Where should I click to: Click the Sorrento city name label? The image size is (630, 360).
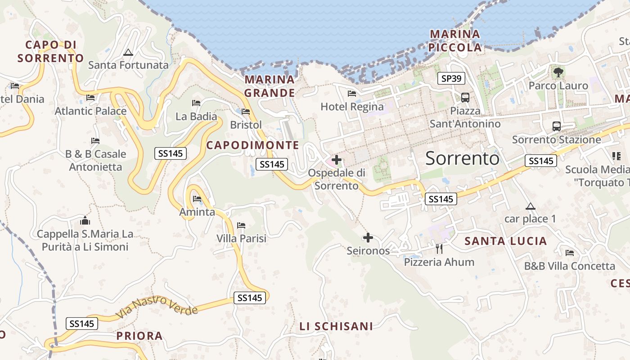pos(462,158)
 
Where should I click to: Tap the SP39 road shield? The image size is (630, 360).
pos(451,79)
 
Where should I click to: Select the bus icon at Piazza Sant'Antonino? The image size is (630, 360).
pos(465,97)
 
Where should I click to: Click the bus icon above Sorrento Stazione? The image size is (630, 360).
pos(557,126)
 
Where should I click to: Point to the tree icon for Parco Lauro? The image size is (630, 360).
pos(558,72)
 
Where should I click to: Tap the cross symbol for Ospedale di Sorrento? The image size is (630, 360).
pos(337,160)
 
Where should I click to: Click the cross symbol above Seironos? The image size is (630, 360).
pos(368,237)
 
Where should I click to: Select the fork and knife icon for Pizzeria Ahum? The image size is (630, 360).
pos(439,248)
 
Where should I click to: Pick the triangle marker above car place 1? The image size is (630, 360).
pos(531,207)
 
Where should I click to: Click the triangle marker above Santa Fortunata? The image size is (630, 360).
pos(128,53)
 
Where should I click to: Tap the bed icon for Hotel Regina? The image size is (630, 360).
pos(352,94)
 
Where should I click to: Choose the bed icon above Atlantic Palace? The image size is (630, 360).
pos(90,98)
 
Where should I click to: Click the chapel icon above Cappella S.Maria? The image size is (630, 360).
pos(85,221)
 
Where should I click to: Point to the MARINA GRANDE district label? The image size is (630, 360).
pos(270,86)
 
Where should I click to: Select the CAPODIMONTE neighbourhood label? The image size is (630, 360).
pos(252,145)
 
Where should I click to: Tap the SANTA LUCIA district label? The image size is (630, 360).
pos(506,241)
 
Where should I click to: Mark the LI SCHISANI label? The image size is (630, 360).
pos(336,326)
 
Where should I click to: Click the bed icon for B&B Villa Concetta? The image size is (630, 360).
pos(570,253)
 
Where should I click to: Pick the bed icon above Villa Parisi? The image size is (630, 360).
pos(241,225)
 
